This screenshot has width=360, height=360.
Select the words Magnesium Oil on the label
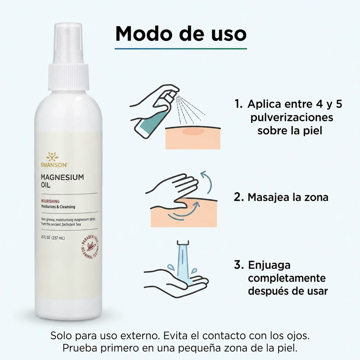[62, 181]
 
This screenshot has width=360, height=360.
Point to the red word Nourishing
[50, 201]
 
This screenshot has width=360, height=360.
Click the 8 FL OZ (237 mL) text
[53, 238]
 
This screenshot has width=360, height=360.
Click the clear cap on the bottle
[68, 43]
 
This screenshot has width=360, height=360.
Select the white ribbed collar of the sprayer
[69, 77]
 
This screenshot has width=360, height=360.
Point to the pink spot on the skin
[193, 131]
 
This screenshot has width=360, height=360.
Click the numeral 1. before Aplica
[238, 104]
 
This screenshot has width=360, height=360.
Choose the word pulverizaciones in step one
[291, 117]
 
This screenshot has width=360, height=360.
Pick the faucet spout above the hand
[183, 243]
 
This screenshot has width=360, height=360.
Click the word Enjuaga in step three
[269, 265]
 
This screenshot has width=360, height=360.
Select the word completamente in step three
[287, 278]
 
